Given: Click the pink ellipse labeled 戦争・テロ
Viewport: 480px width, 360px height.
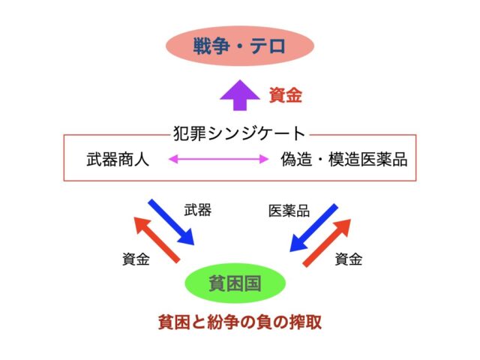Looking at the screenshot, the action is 240,46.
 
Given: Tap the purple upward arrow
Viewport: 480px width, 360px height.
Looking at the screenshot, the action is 240,95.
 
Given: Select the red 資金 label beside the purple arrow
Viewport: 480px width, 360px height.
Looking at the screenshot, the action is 285,95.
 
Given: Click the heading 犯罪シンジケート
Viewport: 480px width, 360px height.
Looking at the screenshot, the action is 239,133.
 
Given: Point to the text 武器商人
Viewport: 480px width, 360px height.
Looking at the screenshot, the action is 118,160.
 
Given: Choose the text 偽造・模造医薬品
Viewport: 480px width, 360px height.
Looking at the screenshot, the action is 344,160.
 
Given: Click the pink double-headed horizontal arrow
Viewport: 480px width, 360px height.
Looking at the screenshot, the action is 218,159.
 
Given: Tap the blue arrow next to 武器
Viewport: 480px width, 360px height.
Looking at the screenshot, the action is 172,222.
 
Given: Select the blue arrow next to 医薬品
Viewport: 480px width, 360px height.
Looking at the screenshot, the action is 313,228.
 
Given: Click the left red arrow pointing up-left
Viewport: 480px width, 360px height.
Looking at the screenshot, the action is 157,239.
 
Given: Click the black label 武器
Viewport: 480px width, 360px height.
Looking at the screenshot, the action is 198,211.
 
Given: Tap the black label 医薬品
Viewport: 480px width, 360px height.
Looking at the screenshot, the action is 289,211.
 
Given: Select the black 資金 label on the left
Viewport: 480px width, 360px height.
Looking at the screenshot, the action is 136,259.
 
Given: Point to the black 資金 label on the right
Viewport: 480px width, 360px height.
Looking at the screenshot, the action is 349,259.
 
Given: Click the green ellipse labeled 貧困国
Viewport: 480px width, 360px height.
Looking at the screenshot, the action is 235,283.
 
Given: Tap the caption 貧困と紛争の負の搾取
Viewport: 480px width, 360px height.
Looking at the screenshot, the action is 240,322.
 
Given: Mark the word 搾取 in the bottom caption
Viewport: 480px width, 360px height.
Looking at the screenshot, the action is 305,322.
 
